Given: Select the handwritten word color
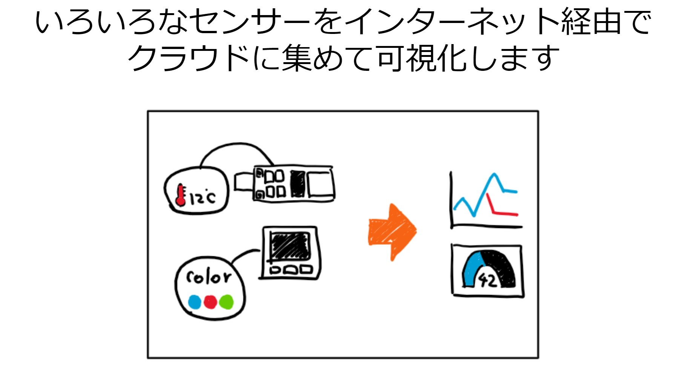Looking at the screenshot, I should [x=209, y=277].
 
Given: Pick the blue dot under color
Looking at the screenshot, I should [x=194, y=302].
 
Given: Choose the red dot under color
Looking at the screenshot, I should [x=210, y=302].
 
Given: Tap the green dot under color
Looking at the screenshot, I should [x=226, y=302].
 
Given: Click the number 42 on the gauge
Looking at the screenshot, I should [x=487, y=280].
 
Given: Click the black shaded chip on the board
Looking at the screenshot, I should [x=298, y=184].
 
